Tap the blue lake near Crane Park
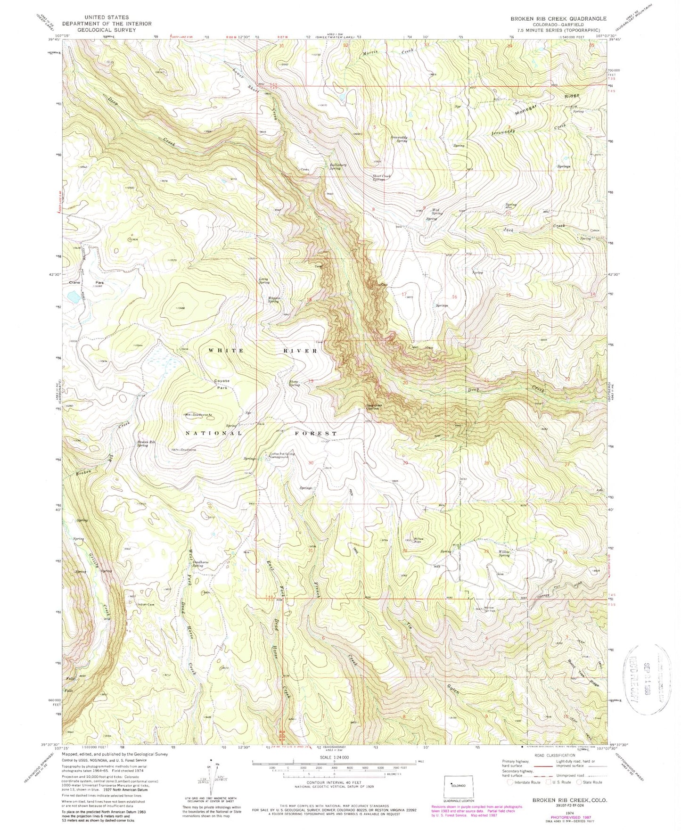pyautogui.click(x=74, y=296)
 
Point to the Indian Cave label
pyautogui.click(x=146, y=604)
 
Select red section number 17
pyautogui.click(x=404, y=294)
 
